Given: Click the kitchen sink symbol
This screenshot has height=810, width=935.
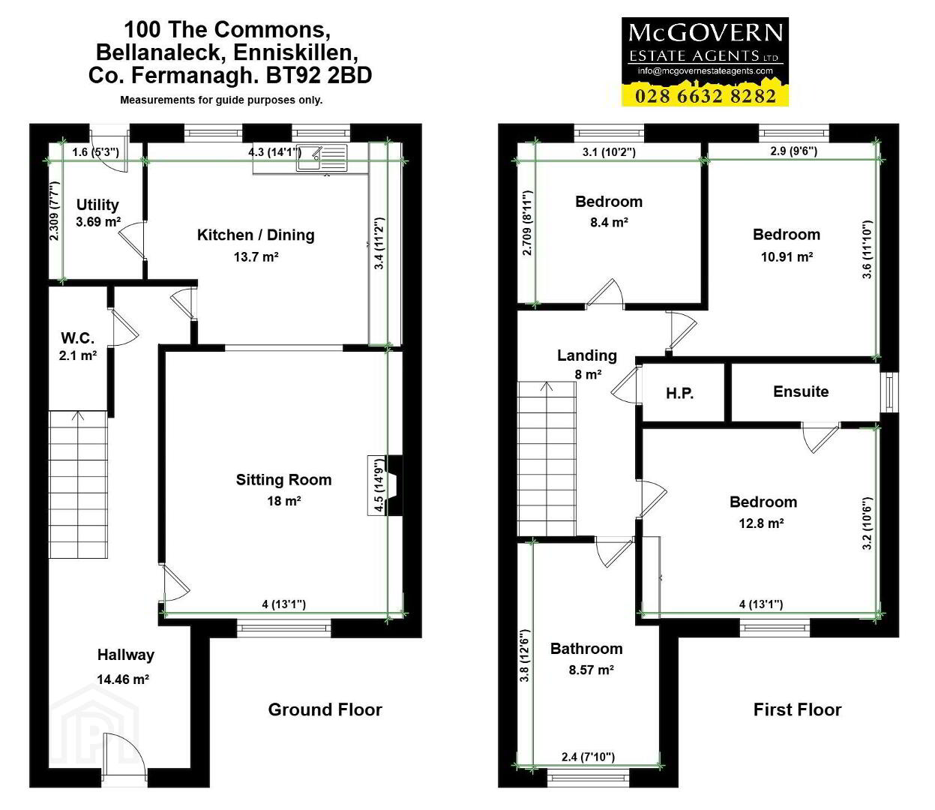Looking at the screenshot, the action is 322,157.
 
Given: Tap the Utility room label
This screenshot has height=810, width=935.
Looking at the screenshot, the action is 97,205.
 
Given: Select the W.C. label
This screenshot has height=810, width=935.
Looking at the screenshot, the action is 77,337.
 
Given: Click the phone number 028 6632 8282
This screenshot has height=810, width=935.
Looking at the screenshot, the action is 706,96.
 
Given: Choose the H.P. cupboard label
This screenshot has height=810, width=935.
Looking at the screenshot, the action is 679,393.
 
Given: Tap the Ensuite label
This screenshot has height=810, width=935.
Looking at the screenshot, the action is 801,391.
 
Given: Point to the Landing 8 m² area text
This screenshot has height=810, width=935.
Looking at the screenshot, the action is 588,374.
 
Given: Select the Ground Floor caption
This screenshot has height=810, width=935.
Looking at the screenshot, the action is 325,709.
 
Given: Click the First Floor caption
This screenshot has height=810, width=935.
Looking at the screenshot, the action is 797,709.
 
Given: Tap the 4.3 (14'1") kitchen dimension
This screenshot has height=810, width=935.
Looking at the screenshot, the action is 274,151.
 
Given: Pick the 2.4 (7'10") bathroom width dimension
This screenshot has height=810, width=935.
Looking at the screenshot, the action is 588,756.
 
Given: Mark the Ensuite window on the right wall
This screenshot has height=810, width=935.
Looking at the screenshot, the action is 889,392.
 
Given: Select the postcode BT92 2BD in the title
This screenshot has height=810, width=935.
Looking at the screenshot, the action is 319,75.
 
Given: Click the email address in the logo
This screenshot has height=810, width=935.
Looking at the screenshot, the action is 706,70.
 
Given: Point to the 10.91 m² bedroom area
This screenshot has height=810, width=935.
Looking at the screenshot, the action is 787,256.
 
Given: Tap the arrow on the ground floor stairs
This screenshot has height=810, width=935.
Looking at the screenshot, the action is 78,416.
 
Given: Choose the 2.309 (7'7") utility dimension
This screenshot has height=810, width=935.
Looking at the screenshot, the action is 54,211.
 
